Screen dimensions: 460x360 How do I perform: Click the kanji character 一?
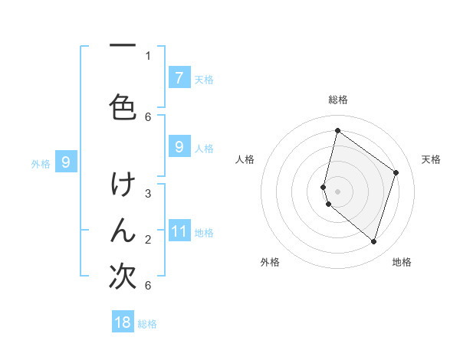click(x=123, y=47)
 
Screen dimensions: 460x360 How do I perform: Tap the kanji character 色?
click(x=123, y=106)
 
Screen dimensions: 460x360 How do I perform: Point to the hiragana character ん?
click(x=123, y=231)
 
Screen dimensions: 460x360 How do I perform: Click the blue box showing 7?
click(x=179, y=78)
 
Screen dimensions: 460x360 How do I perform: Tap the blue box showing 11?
click(x=179, y=231)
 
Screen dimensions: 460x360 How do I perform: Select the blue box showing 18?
click(x=123, y=322)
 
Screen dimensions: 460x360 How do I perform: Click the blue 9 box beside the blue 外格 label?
click(x=66, y=162)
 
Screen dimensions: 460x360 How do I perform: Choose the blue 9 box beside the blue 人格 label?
click(x=179, y=147)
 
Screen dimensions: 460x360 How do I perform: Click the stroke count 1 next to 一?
click(x=148, y=55)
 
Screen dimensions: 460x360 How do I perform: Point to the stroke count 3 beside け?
click(x=148, y=194)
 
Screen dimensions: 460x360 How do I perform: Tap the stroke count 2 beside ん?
click(x=148, y=240)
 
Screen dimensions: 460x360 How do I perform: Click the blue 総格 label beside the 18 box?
click(x=147, y=324)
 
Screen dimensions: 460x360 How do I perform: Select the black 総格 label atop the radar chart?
click(x=337, y=100)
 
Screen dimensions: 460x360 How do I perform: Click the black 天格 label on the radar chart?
click(x=431, y=159)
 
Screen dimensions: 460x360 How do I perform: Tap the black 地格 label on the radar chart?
click(x=402, y=263)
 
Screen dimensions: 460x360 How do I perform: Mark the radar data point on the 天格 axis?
click(x=396, y=172)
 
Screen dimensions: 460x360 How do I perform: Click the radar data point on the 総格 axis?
click(x=337, y=131)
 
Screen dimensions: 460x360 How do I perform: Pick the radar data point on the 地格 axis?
click(x=373, y=242)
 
